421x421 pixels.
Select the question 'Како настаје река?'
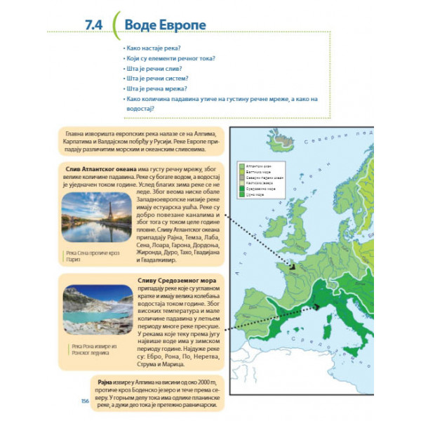(152, 46)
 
